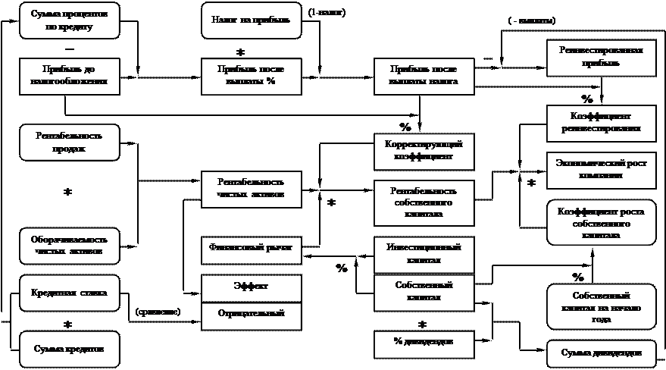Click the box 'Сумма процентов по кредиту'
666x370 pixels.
tap(69, 20)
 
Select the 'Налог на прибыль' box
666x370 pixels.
tap(252, 20)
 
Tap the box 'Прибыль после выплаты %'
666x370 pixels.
tap(251, 76)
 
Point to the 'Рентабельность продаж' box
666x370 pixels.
tap(69, 142)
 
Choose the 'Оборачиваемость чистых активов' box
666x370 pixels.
tap(69, 246)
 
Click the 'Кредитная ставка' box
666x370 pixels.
tap(69, 293)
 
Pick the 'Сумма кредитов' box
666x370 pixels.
tap(69, 350)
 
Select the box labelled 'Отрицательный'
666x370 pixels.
tap(251, 314)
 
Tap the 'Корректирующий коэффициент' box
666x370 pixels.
tap(424, 151)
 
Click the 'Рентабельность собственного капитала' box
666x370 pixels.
tap(424, 202)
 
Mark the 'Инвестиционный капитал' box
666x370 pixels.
tap(424, 254)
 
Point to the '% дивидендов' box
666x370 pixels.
tap(424, 343)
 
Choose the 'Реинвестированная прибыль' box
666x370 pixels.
tap(601, 57)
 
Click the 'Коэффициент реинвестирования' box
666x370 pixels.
tap(601, 121)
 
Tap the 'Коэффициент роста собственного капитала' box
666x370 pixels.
tap(601, 223)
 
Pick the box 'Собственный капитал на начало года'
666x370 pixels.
tap(601, 307)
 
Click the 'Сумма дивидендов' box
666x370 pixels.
tap(601, 353)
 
